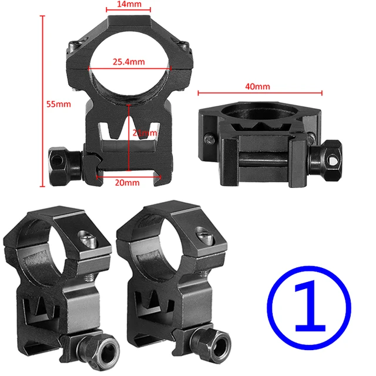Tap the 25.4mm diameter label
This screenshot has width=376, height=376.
130,61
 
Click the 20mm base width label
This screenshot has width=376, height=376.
127,183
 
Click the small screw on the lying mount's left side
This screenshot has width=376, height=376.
210,139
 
